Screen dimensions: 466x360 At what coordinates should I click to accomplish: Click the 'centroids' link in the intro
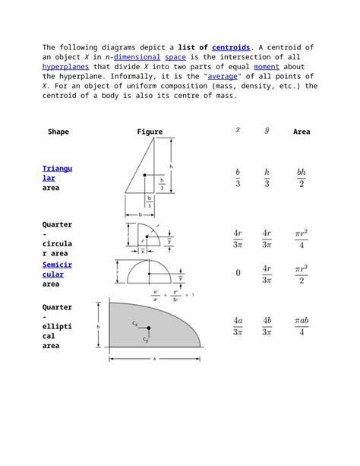232,47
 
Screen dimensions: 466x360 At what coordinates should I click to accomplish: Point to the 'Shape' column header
58,132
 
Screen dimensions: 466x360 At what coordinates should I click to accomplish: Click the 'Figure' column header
150,132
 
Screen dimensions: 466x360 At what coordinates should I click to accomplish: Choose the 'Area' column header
302,132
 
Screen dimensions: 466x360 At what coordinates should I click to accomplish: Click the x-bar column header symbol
238,130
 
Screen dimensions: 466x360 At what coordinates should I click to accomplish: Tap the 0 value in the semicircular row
238,274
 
